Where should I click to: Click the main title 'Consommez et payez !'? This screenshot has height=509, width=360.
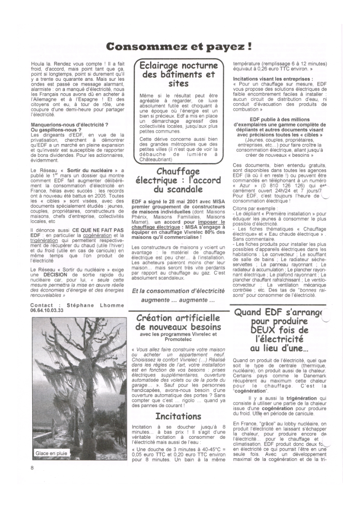pos(179,47)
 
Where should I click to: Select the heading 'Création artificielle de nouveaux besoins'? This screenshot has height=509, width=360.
pos(179,322)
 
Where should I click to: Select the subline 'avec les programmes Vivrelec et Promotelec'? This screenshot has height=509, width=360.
pos(179,337)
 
